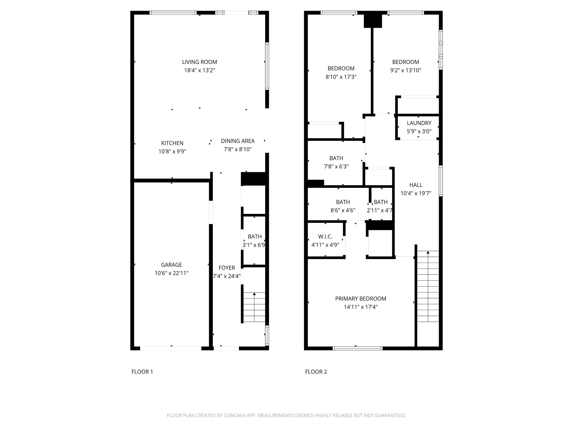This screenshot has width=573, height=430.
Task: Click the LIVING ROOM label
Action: tap(199, 62)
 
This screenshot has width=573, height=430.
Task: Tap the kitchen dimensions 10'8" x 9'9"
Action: tap(172, 151)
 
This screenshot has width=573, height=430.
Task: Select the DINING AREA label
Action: tap(238, 141)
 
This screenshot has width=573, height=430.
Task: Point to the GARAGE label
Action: tap(172, 265)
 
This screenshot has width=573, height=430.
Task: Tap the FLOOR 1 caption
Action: tap(142, 372)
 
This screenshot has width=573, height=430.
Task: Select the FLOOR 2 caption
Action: tap(316, 372)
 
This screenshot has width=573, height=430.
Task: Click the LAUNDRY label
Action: tap(419, 123)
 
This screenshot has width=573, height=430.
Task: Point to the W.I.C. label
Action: tap(325, 237)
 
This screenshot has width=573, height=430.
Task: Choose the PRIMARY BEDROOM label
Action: tap(361, 299)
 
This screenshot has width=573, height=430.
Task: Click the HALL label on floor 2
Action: tap(416, 185)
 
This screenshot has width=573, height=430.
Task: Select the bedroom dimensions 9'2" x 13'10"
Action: tap(406, 71)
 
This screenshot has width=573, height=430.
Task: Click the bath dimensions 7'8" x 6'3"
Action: tap(336, 167)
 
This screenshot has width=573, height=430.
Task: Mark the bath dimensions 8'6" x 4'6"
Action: tap(343, 210)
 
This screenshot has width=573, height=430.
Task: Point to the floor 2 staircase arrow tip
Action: tap(428, 252)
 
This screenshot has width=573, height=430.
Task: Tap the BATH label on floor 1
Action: tap(255, 237)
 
